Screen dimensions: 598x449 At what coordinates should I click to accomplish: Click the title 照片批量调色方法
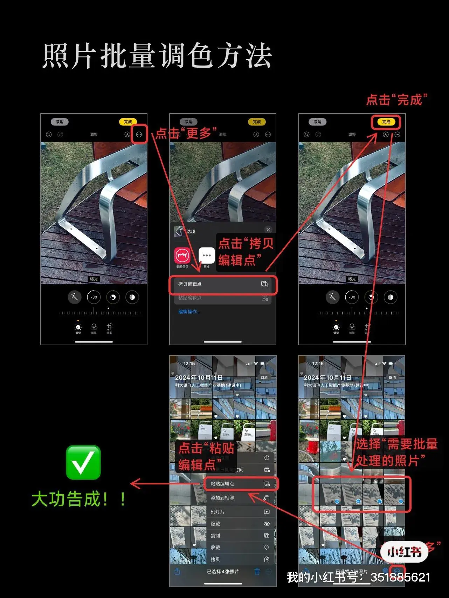tap(157, 56)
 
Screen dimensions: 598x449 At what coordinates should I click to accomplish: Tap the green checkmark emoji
tap(83, 462)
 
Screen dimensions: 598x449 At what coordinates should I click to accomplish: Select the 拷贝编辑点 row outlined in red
tap(223, 284)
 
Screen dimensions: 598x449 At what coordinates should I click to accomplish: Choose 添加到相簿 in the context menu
tap(240, 498)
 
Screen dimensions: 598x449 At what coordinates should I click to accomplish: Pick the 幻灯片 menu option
tap(240, 512)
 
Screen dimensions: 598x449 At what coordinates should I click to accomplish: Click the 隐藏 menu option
tap(240, 524)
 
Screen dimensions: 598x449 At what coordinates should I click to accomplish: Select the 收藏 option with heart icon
tap(240, 548)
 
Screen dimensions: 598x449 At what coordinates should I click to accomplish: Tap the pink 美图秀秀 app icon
tap(182, 256)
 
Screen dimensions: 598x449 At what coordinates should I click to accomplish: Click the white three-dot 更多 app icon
tap(207, 256)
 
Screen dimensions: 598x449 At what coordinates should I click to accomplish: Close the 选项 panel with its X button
tap(268, 230)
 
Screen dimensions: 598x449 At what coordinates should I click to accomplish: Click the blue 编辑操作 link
tap(189, 312)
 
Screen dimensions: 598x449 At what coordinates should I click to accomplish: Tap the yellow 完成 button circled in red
tap(386, 122)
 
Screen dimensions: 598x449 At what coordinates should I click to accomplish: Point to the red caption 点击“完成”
tap(397, 100)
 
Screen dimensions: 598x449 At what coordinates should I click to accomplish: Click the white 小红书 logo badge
tap(405, 552)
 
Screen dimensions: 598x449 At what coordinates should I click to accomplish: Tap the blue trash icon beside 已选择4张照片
tap(257, 571)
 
